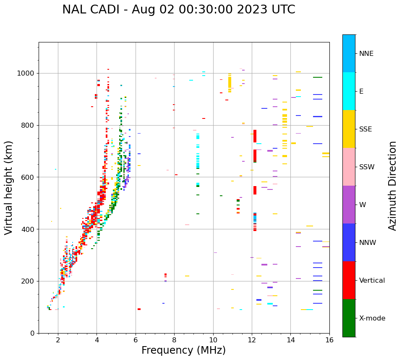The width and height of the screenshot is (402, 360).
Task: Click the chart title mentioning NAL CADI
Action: (178, 10)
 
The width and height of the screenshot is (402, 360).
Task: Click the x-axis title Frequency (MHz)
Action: (183, 350)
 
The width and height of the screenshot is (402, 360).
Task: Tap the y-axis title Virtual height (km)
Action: (9, 187)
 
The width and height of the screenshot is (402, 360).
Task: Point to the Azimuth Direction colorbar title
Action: (392, 185)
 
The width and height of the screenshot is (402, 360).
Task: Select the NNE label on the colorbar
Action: (366, 54)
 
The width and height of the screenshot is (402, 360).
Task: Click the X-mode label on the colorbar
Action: (372, 318)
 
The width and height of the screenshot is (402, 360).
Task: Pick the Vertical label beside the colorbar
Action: (372, 281)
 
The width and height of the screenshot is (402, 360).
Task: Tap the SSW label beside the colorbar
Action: (367, 167)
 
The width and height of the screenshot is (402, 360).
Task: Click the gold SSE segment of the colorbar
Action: (349, 129)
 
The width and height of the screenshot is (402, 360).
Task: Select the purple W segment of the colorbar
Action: (349, 205)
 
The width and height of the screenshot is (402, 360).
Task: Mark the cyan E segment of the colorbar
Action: (349, 91)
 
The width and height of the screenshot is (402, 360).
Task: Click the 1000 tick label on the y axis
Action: (26, 74)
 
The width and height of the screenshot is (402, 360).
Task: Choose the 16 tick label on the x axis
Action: (329, 340)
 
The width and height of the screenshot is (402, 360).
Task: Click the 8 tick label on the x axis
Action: (174, 340)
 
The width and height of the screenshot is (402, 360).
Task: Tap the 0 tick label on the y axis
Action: (32, 333)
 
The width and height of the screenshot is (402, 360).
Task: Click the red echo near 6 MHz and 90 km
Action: (139, 309)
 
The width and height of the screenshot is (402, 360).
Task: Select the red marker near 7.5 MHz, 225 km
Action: (165, 275)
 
